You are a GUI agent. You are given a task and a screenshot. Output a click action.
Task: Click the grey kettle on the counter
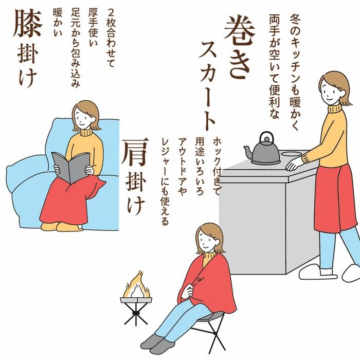264,153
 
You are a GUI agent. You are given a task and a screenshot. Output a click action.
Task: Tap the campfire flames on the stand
136,286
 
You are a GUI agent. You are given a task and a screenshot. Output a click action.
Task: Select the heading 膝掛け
28,48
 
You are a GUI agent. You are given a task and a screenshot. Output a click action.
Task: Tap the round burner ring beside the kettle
292,154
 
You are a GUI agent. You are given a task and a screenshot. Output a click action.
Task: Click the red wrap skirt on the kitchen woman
335,197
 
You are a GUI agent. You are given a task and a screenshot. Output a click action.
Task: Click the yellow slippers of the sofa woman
62,226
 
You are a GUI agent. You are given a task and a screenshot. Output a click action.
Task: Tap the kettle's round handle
266,138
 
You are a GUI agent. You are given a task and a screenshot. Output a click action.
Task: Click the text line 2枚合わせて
111,38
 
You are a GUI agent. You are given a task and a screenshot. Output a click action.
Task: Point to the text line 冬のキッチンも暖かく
295,73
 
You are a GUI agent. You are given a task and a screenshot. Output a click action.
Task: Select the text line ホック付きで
217,166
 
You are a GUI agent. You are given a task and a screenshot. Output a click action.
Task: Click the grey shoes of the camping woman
156,344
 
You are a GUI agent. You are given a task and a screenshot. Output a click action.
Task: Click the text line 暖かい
58,22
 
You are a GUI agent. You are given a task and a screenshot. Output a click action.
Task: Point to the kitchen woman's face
330,89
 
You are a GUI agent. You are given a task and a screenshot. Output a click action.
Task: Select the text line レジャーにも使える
165,182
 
